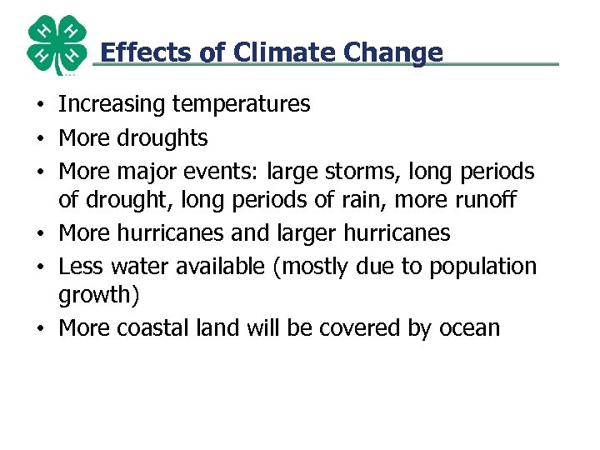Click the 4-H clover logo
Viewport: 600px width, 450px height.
(x=57, y=45)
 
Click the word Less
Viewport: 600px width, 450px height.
(x=79, y=267)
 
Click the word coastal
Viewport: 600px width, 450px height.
(x=151, y=328)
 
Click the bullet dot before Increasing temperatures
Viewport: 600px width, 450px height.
(x=40, y=106)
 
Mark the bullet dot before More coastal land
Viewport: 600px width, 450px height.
(x=40, y=329)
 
